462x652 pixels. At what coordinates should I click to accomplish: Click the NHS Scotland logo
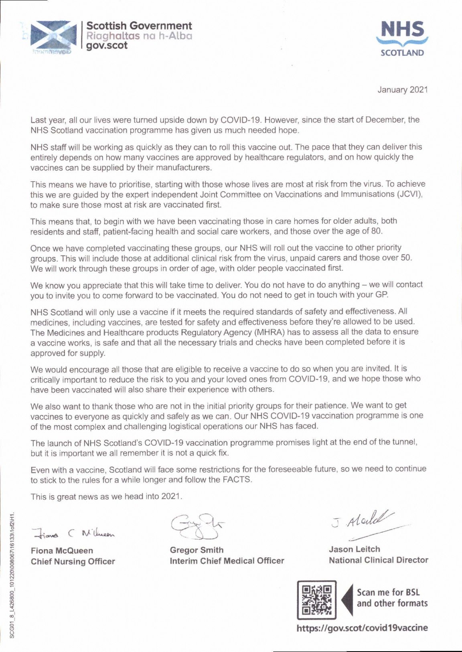click(x=402, y=38)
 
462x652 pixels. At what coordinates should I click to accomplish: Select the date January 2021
click(x=403, y=90)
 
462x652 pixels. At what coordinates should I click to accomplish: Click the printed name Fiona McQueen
click(x=62, y=551)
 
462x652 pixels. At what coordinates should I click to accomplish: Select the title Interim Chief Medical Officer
click(x=227, y=561)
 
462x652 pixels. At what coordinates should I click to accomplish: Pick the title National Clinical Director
click(x=378, y=560)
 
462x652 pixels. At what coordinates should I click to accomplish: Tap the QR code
click(x=317, y=599)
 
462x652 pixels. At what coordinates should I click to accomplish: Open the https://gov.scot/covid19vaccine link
click(x=362, y=628)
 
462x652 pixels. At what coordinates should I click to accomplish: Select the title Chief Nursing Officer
click(x=73, y=561)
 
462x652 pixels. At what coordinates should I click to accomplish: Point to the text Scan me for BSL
click(x=388, y=592)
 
